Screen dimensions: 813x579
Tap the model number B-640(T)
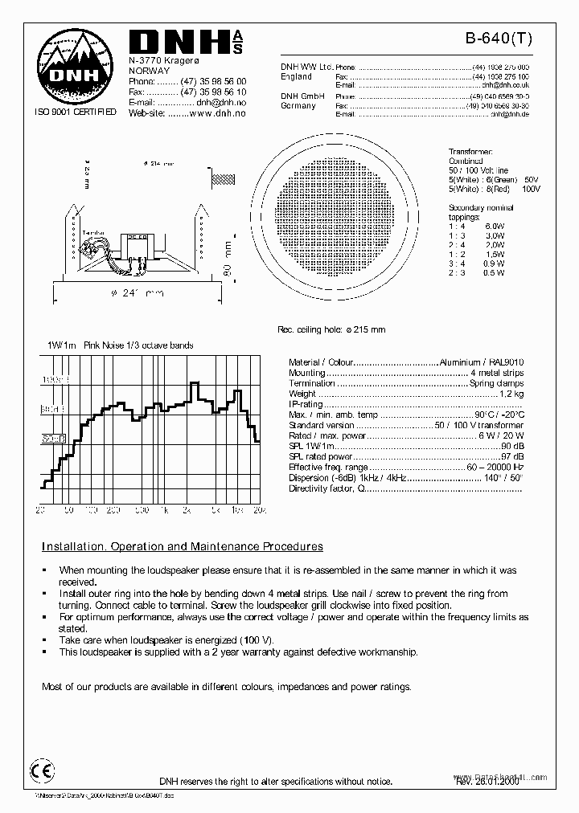click(x=499, y=37)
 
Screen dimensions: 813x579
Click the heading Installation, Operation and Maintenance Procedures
click(x=183, y=546)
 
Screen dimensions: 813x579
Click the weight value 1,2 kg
click(x=511, y=394)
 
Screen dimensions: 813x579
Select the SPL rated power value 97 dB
click(x=512, y=456)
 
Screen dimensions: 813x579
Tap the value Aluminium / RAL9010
click(x=481, y=362)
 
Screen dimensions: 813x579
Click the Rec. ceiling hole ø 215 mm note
click(x=331, y=329)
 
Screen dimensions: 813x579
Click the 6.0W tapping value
click(x=495, y=227)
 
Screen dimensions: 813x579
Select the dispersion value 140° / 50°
click(x=503, y=477)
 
